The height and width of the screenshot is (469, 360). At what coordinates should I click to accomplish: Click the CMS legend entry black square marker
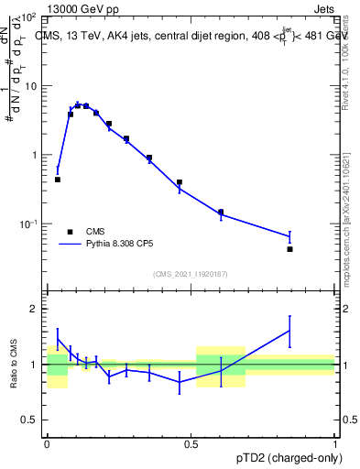[x=70, y=232]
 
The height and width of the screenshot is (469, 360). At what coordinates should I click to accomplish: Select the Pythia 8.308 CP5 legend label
[x=123, y=245]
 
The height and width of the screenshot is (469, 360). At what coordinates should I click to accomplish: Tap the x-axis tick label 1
[x=335, y=442]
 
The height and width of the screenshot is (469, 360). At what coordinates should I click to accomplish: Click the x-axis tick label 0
[x=47, y=442]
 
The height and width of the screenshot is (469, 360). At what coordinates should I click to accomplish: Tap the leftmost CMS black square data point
[x=58, y=180]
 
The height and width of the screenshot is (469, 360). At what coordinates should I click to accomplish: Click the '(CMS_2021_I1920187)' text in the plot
[x=190, y=274]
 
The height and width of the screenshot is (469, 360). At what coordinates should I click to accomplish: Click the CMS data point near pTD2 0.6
[x=221, y=212]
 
